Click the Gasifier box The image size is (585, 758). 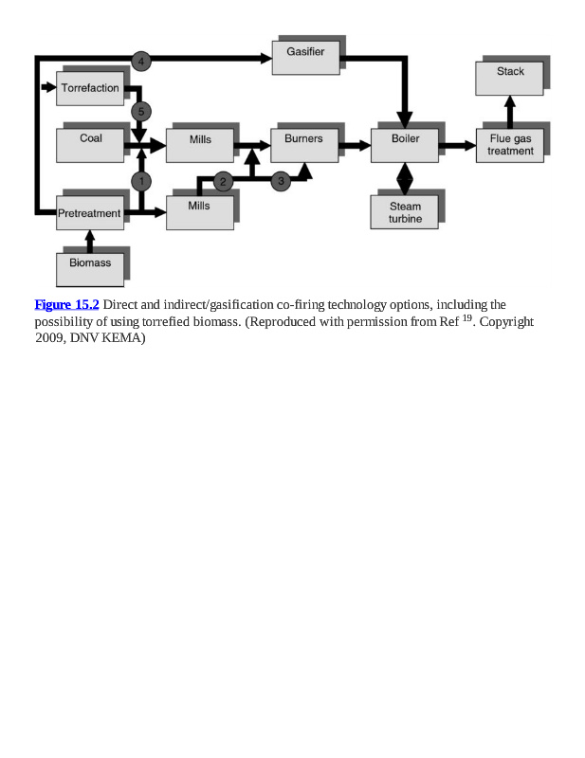(x=305, y=57)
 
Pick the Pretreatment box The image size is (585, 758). (x=90, y=214)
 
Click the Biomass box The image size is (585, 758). (x=90, y=266)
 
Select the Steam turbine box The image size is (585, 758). (x=405, y=212)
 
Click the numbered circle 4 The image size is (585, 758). (x=141, y=61)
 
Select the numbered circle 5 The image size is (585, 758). (x=141, y=112)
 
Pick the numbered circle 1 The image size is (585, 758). (x=141, y=180)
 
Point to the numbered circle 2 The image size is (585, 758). (x=224, y=180)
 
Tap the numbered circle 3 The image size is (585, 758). (x=281, y=180)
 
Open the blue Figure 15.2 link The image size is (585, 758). (x=66, y=304)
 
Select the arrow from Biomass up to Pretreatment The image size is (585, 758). (x=90, y=241)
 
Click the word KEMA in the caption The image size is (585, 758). (x=122, y=339)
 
